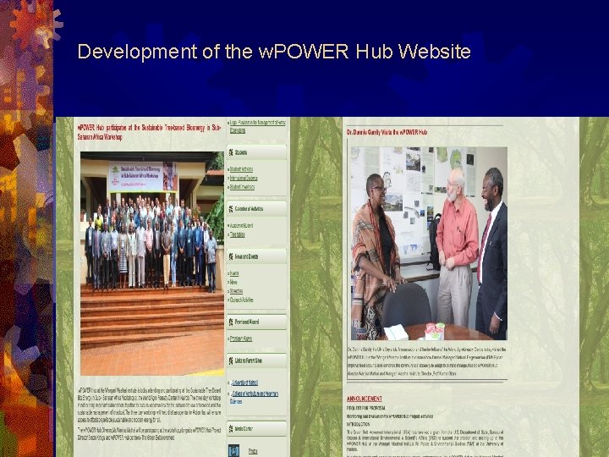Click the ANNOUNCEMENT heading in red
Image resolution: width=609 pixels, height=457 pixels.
click(370, 398)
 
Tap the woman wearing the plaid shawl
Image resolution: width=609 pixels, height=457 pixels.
click(375, 254)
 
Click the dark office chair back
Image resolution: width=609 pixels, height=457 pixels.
click(408, 305)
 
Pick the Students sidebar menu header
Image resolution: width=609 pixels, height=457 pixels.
click(242, 152)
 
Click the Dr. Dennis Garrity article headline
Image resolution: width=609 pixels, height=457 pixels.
click(389, 133)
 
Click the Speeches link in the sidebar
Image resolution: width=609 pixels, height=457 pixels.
click(242, 290)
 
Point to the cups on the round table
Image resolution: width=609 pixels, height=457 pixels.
click(435, 329)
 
